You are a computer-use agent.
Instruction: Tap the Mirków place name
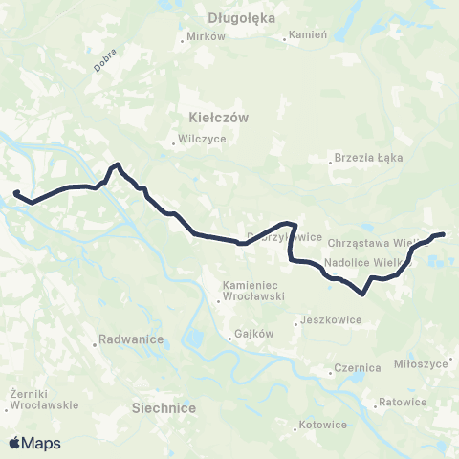(x=207, y=36)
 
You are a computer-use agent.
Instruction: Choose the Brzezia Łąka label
(x=368, y=158)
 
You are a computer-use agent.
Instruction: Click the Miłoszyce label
(x=421, y=364)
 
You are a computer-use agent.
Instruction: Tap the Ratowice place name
(x=402, y=402)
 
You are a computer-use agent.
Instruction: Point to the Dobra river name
(x=105, y=62)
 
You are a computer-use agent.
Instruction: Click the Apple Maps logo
(x=34, y=444)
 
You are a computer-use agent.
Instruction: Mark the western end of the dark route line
(x=15, y=194)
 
